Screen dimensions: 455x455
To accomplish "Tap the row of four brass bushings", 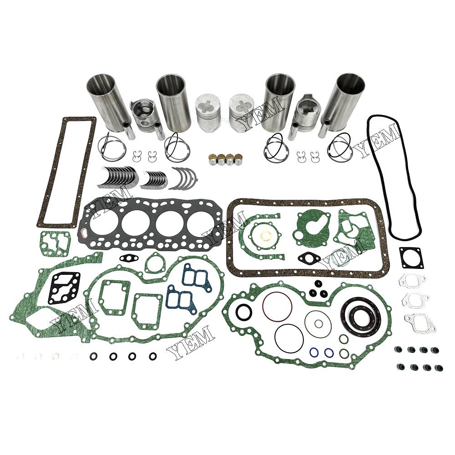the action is click(x=226, y=159).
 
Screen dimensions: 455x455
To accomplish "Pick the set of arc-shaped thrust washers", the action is click(x=182, y=178).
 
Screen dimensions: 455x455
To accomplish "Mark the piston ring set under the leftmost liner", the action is click(x=112, y=147).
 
